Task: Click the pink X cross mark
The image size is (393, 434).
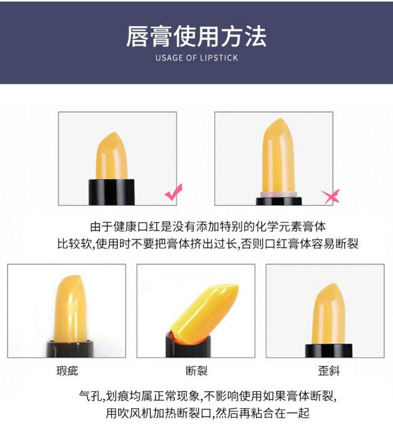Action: [x=331, y=197]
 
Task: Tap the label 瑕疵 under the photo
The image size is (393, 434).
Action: [x=67, y=371]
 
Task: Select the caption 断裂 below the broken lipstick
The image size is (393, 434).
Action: [x=196, y=371]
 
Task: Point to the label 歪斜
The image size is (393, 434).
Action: [x=328, y=371]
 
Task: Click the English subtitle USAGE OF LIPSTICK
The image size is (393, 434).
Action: [x=196, y=58]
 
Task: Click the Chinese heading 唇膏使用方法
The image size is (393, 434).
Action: [x=196, y=37]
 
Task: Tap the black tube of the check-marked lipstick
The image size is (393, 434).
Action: [x=111, y=192]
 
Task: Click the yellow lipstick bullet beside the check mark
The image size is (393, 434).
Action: [x=111, y=156]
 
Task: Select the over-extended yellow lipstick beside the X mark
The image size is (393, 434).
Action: [x=278, y=156]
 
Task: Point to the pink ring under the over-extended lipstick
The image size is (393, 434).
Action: [x=279, y=194]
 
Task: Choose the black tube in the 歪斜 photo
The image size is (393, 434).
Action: [x=328, y=350]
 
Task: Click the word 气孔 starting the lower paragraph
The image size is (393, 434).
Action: [x=90, y=396]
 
